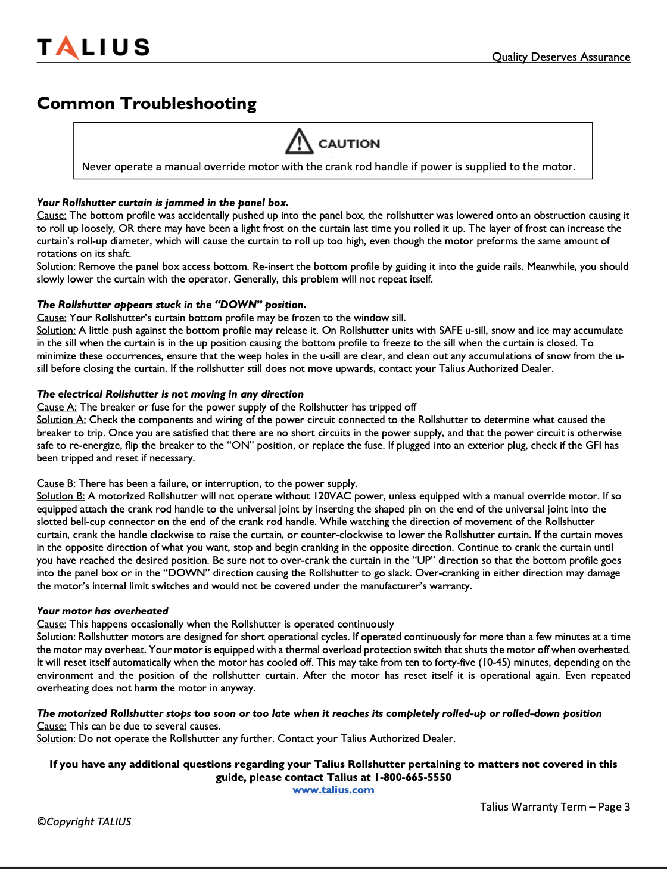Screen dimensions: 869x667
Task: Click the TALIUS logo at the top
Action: [93, 47]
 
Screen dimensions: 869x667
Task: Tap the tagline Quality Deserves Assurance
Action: [560, 57]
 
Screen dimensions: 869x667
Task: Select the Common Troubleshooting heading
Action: [147, 104]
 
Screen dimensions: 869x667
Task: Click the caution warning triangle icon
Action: [298, 142]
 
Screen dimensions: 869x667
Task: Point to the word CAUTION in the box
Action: [349, 144]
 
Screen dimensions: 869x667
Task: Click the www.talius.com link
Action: [333, 790]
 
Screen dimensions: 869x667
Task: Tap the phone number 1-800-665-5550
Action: [413, 777]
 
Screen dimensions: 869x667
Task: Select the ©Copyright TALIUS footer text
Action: [84, 821]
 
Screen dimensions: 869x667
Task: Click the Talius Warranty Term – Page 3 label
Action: [555, 807]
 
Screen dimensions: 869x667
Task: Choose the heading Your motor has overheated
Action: [102, 611]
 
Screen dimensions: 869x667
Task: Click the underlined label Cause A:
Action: [57, 407]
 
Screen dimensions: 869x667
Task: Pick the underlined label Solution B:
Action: [61, 496]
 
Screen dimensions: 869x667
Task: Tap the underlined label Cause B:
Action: [56, 483]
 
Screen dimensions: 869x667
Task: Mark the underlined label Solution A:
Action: [61, 420]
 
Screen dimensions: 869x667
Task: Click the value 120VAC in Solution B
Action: [331, 496]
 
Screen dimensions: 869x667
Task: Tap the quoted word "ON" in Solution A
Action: [241, 445]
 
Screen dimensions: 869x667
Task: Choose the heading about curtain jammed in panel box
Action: [163, 203]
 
